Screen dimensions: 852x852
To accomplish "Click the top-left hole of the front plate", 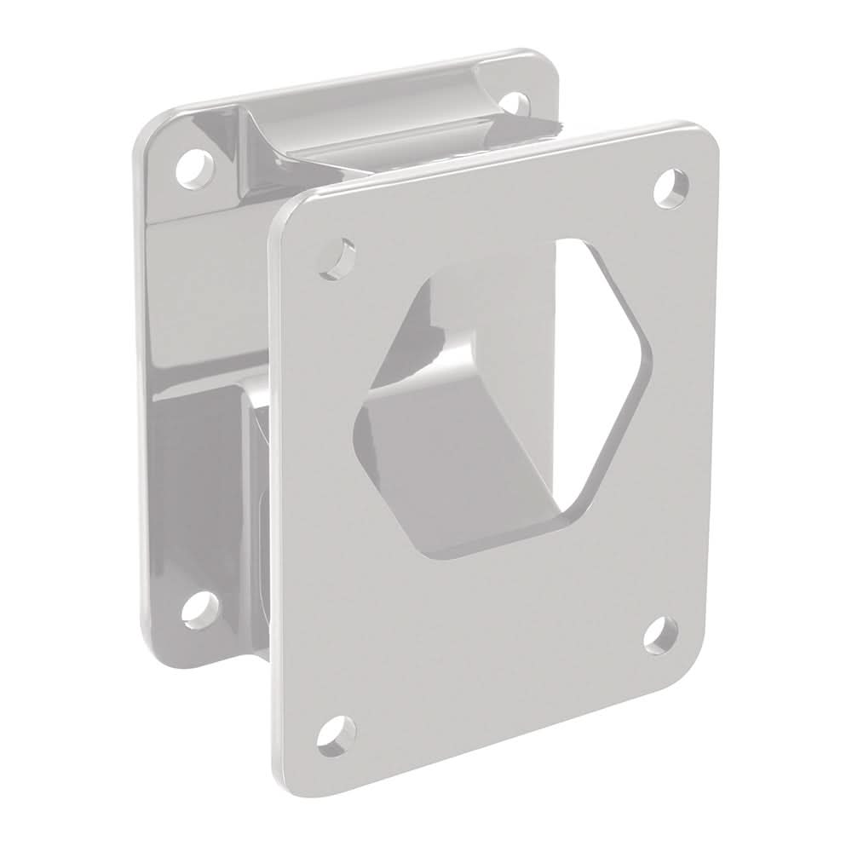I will click(x=343, y=256).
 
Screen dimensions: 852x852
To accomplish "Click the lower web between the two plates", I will click(x=256, y=477).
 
